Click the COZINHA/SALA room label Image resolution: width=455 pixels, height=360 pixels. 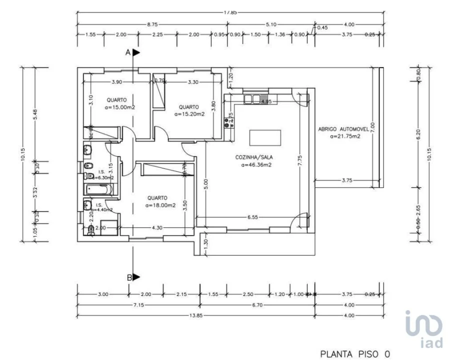coord(254,157)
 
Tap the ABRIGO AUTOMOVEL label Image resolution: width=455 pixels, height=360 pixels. coord(343,129)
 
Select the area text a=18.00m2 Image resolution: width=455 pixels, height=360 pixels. coord(160,205)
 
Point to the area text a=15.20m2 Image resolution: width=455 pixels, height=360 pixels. coord(189,114)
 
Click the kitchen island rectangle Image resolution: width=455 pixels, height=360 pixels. coord(265,136)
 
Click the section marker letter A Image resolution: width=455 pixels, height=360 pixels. coord(128,51)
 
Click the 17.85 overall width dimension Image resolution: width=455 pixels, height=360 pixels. coord(230,12)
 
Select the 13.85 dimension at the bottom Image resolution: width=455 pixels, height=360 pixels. coord(192,315)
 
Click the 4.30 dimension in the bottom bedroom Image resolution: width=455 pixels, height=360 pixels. coord(156,228)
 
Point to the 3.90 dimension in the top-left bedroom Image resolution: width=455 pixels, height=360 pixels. coord(116,81)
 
